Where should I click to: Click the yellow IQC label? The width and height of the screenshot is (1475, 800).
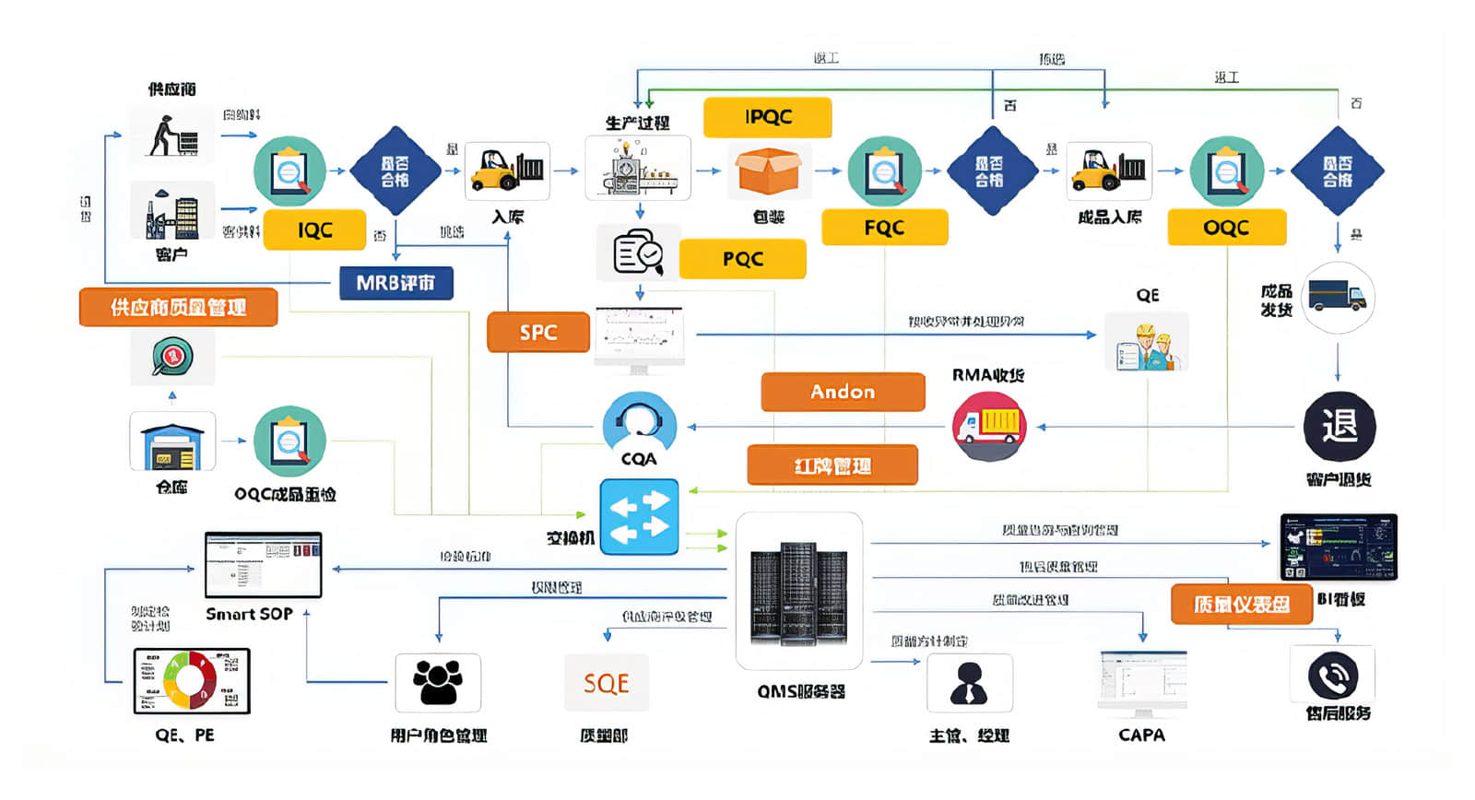coord(314,230)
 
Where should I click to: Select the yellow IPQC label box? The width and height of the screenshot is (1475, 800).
coord(767,117)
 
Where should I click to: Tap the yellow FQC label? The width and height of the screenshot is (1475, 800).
coord(884,228)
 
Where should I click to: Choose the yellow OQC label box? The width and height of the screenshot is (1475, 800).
coord(1226,228)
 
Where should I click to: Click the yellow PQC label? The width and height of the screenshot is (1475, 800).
coord(742,259)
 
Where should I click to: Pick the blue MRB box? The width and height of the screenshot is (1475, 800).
coord(395,283)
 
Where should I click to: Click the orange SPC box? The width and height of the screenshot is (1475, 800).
coord(538,332)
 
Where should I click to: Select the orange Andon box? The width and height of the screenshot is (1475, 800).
coord(843,392)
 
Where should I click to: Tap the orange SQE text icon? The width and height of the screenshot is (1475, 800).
coord(606,683)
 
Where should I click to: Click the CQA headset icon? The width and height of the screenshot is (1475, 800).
coord(639,424)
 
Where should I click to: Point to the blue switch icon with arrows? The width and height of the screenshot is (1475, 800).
coord(639,517)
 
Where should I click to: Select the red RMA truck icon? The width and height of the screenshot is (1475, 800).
coord(988,426)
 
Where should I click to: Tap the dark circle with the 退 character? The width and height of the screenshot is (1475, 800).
coord(1339,427)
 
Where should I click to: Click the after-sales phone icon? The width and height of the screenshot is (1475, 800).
coord(1332,676)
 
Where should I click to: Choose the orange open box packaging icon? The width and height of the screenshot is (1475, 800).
coord(768,171)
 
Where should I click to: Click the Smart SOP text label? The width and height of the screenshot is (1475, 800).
coord(249,614)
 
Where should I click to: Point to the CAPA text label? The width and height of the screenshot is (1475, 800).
coord(1141,735)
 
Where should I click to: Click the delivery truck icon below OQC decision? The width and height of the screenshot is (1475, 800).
coord(1337,297)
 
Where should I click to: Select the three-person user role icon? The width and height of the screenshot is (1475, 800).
coord(437,683)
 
